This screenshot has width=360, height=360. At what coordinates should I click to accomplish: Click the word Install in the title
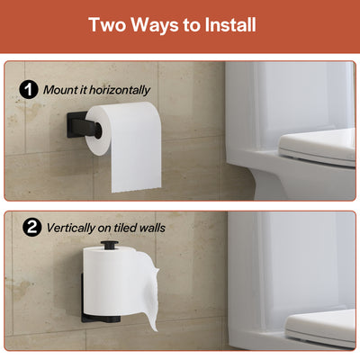(x=230, y=24)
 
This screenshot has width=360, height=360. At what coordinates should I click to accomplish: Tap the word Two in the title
(x=107, y=24)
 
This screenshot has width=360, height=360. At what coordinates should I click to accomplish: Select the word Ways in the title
(x=155, y=25)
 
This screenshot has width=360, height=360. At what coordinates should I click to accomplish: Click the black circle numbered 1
(x=29, y=90)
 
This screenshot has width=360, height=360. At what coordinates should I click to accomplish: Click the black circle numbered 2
(x=31, y=227)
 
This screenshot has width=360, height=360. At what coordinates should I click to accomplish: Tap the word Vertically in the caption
(x=71, y=228)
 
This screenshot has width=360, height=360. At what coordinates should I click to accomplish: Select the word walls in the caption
(x=153, y=228)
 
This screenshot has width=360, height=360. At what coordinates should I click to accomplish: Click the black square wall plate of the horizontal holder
(x=76, y=124)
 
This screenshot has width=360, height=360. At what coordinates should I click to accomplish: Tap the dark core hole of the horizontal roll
(x=97, y=130)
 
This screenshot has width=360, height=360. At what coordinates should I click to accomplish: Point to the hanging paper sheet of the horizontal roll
(x=137, y=153)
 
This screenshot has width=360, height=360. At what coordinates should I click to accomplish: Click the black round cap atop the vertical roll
(x=110, y=244)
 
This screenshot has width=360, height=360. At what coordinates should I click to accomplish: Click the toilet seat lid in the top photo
(x=318, y=148)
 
